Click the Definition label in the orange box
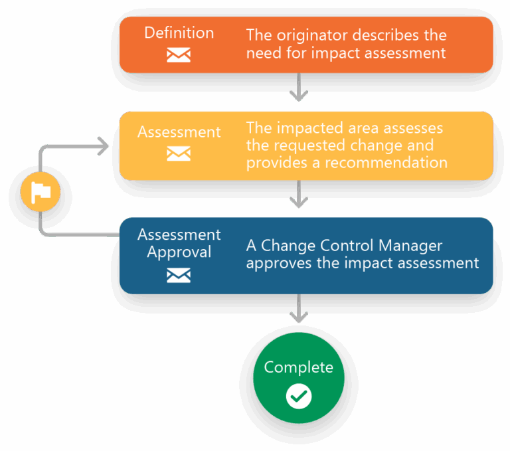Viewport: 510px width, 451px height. pos(179,33)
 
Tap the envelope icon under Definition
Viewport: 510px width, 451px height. pos(179,55)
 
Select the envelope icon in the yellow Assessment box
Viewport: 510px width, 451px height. pos(179,154)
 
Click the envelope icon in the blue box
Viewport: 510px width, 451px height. pos(179,275)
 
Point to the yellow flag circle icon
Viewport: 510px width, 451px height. pos(41,193)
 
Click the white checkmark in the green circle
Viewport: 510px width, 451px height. pos(299,397)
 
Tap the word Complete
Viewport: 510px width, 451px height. pos(299,367)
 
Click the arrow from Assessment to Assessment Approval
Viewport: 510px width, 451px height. pos(299,195)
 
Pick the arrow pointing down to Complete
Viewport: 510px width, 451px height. pos(299,309)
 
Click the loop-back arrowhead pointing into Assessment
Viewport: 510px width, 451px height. pos(103,146)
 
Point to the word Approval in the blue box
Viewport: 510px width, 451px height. pos(179,252)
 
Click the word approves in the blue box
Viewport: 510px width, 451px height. pos(278,263)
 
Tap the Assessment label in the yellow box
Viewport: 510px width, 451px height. pos(179,132)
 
